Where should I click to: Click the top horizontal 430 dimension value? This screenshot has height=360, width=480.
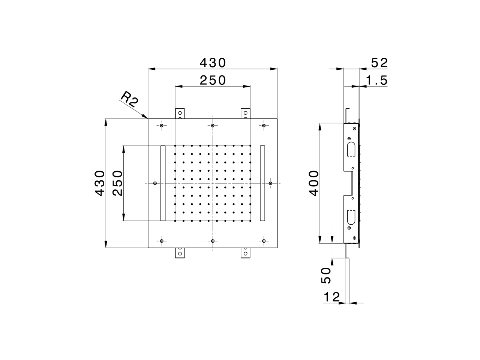[x=213, y=62]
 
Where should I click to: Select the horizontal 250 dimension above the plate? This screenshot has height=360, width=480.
[x=213, y=80]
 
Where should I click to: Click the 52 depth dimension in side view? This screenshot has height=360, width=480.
[x=378, y=63]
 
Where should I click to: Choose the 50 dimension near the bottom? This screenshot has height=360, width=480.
[x=326, y=275]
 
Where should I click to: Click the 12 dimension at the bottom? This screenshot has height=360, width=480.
[x=331, y=297]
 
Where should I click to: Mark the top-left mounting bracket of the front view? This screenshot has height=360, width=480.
[x=180, y=113]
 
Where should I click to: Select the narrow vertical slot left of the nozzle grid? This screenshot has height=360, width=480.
[x=162, y=183]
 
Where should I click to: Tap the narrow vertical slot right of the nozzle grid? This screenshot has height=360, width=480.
[x=262, y=183]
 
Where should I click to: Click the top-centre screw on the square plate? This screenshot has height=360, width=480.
[x=213, y=126]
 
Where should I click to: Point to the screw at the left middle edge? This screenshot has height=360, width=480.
[x=155, y=183]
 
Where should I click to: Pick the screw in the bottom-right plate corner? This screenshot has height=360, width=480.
[x=264, y=241]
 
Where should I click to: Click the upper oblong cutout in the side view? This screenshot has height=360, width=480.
[x=351, y=148]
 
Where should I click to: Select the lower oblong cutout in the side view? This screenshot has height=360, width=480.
[x=351, y=217]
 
